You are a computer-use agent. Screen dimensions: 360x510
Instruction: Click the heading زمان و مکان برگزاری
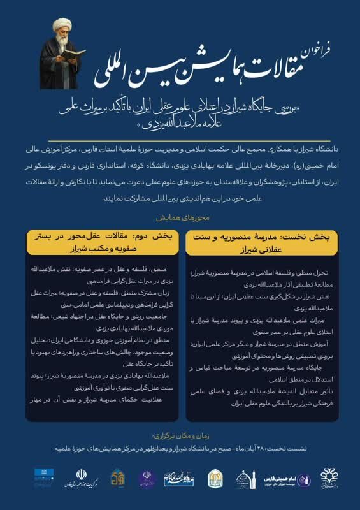pos(180,436)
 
